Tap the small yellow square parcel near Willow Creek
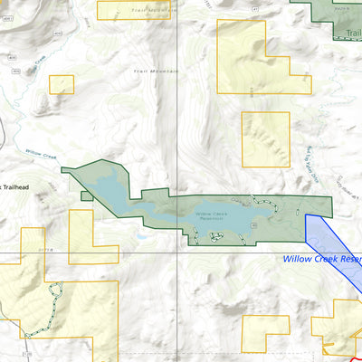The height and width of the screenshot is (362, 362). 62,84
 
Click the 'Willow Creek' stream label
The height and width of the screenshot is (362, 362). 42,155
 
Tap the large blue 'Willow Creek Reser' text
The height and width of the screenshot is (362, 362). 321,259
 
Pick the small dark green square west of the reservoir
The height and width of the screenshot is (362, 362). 86,195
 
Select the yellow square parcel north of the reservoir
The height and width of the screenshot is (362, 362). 265,138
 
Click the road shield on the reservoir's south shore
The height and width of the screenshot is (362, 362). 254,224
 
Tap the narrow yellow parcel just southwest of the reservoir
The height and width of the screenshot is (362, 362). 93,237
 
